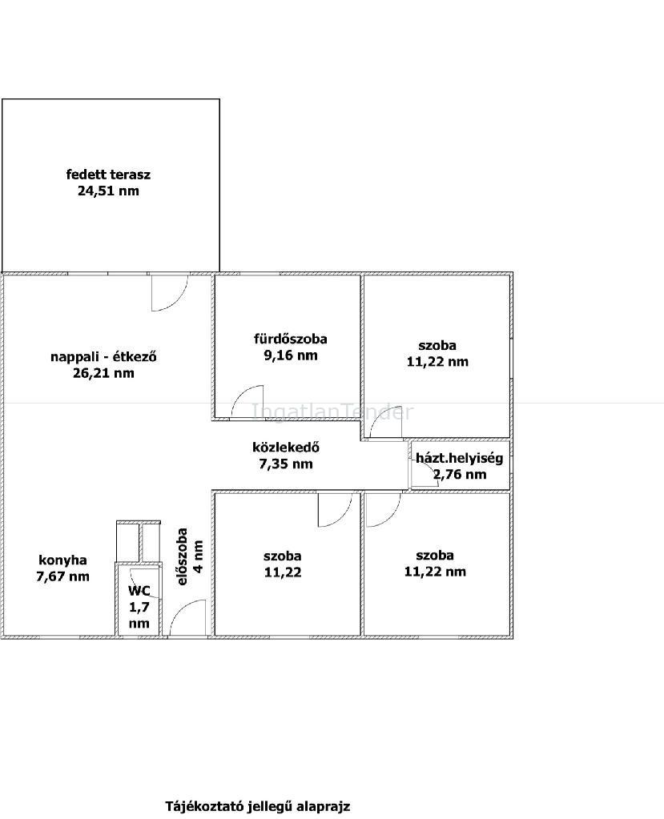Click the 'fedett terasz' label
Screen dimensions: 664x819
(108, 175)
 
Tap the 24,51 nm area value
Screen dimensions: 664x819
(109, 191)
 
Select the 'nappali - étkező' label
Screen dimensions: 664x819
(103, 357)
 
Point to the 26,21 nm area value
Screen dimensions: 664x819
(103, 373)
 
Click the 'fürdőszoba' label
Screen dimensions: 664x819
(291, 339)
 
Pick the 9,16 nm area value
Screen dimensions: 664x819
(291, 355)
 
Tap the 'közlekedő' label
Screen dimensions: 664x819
(286, 447)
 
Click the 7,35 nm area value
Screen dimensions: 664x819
(286, 464)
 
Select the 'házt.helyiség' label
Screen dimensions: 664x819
(459, 459)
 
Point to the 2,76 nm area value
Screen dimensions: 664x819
(460, 474)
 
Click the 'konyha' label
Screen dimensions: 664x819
(62, 560)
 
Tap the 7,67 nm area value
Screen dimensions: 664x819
(62, 576)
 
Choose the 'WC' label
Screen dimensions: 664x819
(139, 591)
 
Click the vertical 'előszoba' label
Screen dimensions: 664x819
(182, 556)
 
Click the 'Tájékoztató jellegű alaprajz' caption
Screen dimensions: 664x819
(258, 806)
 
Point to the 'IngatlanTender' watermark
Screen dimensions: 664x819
(332, 412)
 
